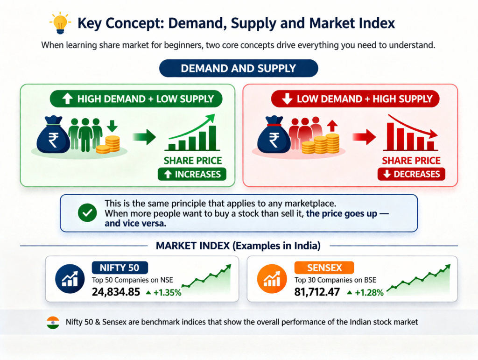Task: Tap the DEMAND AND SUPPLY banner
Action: [239, 68]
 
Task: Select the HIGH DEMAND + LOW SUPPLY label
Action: [136, 99]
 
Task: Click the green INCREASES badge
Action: [192, 174]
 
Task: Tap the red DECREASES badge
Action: [411, 174]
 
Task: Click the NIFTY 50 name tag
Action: [120, 268]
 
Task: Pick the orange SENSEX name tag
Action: [324, 268]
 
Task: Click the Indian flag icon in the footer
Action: [53, 322]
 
